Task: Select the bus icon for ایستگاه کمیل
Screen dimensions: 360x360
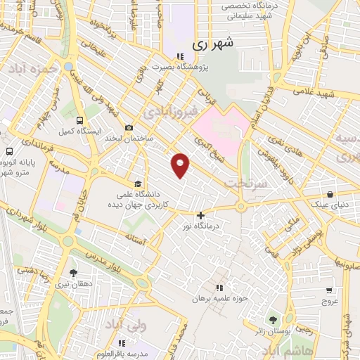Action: click(79, 120)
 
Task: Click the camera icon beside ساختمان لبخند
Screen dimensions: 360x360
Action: click(129, 127)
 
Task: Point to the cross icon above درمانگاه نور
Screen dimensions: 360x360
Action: click(201, 215)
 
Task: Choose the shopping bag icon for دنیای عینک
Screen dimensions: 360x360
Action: click(329, 195)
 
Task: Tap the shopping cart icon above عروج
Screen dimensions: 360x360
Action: click(329, 289)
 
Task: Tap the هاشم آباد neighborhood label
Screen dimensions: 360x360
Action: click(290, 349)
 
